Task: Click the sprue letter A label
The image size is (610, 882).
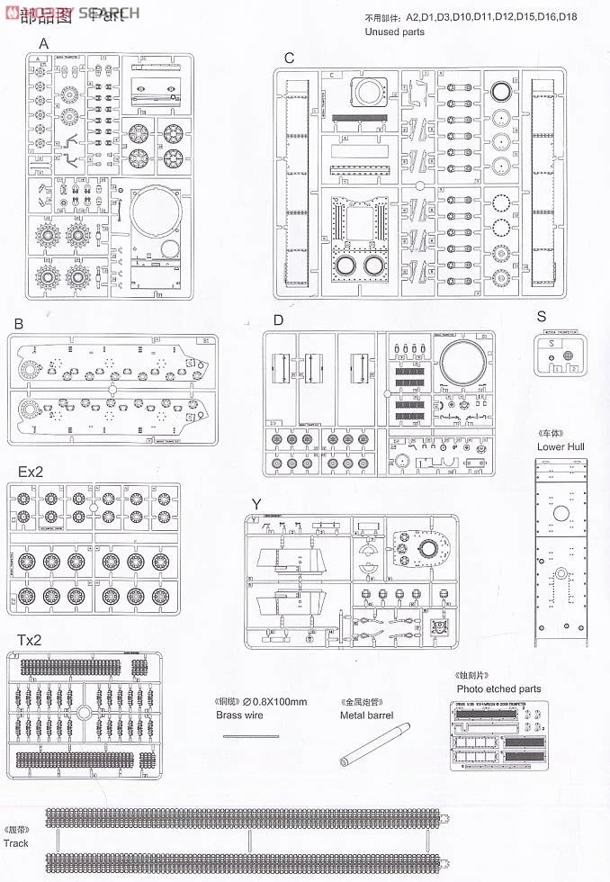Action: click(42, 43)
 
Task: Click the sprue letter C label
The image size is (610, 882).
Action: click(289, 58)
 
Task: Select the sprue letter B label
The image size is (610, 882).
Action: click(17, 323)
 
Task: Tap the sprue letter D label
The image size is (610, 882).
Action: click(278, 319)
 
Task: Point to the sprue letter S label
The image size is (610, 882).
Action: click(541, 316)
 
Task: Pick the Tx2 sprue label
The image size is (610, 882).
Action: click(29, 640)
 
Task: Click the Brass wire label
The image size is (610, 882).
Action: click(240, 715)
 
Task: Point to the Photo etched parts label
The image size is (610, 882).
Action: click(498, 688)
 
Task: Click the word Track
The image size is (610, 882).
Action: click(15, 843)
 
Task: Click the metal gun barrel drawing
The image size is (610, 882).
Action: click(374, 744)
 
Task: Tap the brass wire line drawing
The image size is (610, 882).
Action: click(245, 737)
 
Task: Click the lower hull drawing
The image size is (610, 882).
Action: click(561, 550)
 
